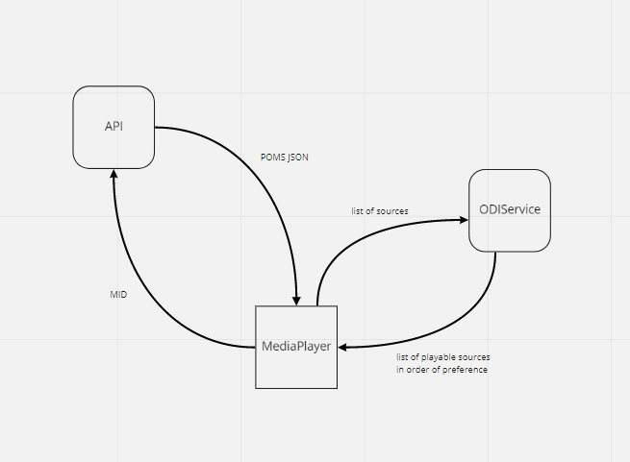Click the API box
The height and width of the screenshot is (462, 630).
coord(114,126)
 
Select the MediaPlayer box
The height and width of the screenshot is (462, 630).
coord(296,347)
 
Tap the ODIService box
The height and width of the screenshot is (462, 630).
coord(509,210)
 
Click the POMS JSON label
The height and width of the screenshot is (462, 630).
coord(286,158)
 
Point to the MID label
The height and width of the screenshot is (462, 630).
coord(118,296)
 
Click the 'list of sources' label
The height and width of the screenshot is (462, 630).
coord(379,210)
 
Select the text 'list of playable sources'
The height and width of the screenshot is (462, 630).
coord(442,357)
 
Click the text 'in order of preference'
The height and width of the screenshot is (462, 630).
coord(441,370)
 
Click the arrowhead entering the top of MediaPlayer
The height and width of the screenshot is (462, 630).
coord(298,300)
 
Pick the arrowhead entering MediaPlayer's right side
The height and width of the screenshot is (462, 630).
coord(344,348)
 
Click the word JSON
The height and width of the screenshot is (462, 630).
coord(298,158)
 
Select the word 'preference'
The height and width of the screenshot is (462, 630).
coord(465,370)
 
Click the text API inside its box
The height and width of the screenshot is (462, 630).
coord(114,126)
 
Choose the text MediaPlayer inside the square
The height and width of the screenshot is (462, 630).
coord(296,347)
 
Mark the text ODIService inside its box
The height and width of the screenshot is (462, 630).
coord(509,210)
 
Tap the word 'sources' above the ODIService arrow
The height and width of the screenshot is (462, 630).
coord(393,210)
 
